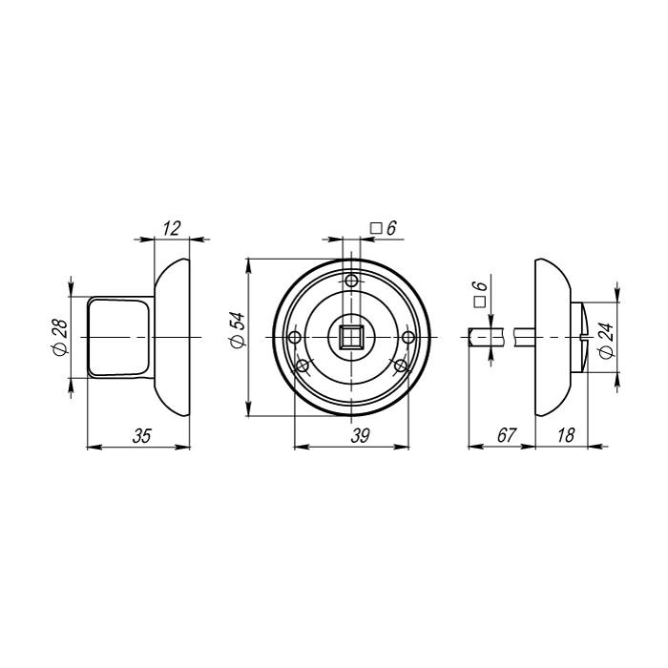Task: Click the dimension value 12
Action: [172, 228]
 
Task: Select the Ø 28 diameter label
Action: [60, 337]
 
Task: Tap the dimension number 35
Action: [140, 435]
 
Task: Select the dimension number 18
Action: [565, 435]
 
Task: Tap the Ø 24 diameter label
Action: [605, 337]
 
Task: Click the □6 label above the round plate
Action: [383, 228]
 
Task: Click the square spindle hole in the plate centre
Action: [351, 337]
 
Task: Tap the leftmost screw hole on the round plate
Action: [295, 337]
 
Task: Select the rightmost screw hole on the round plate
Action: [407, 337]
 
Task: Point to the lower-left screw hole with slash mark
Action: [304, 365]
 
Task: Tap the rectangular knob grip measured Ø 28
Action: [119, 337]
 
